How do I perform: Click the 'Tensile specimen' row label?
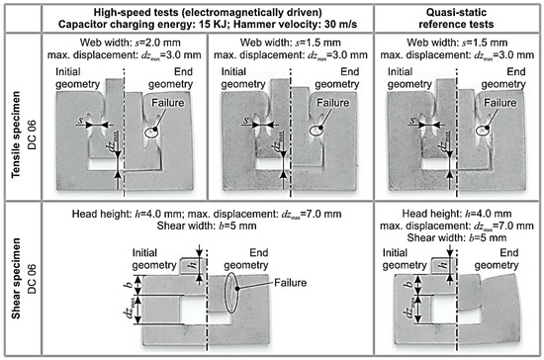coord(16,135)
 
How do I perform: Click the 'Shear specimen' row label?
coord(16,278)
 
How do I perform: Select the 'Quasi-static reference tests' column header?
coord(456,19)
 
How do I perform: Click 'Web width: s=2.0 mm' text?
coord(131,43)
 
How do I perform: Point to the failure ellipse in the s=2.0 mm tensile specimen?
coord(150,133)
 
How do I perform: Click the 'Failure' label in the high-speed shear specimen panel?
coord(291,283)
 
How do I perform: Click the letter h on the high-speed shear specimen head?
coord(193,266)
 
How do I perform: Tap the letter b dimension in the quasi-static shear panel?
coord(409,284)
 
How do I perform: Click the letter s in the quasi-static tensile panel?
coord(412,120)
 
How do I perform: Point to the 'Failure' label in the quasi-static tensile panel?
coord(499,103)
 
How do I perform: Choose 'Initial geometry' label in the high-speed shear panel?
coord(154,259)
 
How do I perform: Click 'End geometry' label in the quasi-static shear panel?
coord(497,259)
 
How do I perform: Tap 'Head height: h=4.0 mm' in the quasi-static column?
coord(457,214)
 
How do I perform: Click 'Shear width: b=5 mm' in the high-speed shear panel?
coord(207,225)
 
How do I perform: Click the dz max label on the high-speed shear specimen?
coord(131,309)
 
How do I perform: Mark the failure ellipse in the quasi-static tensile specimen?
coord(483,132)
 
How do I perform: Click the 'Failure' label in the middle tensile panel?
coord(333,103)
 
